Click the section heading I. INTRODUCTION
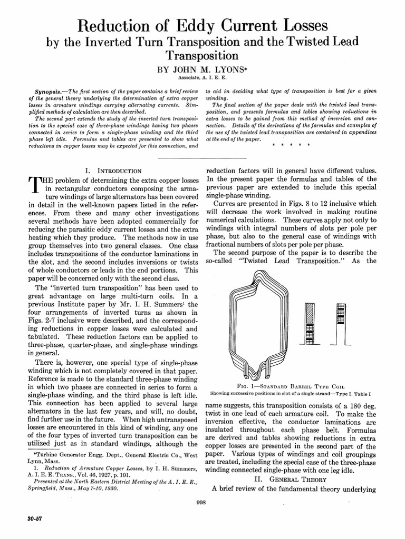pyautogui.click(x=113, y=171)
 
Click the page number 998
pyautogui.click(x=201, y=503)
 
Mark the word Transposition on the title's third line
pyautogui.click(x=202, y=55)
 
